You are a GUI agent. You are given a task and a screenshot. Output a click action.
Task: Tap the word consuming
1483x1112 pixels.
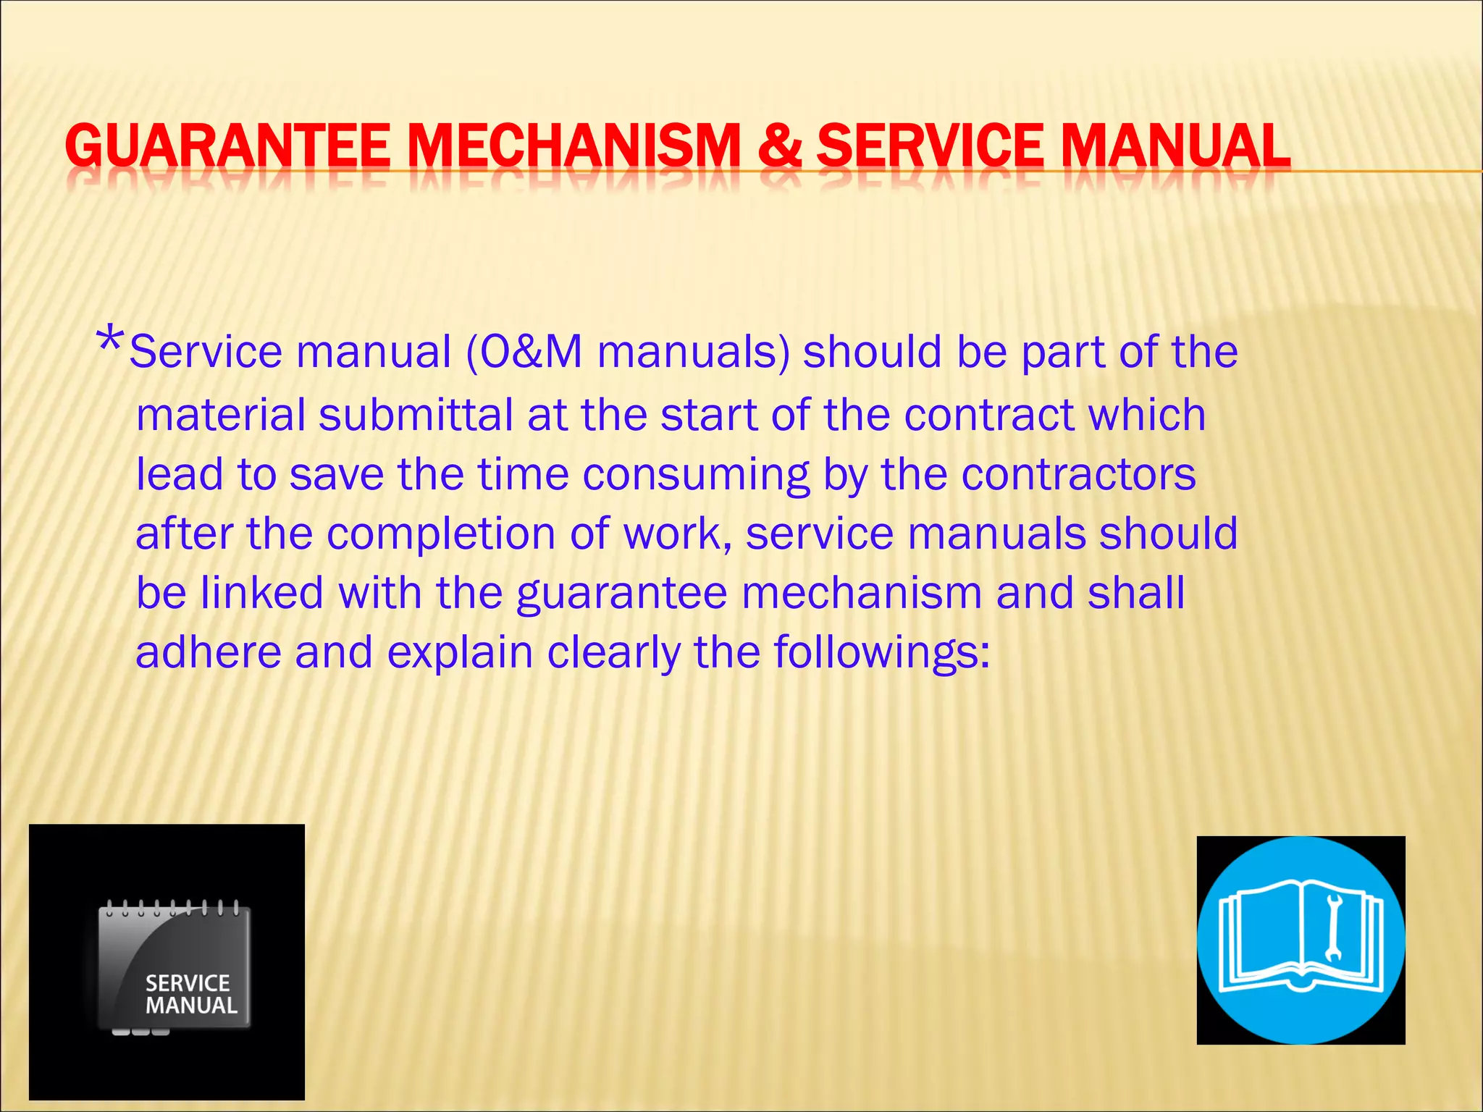696,475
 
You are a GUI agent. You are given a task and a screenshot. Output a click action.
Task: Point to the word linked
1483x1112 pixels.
261,593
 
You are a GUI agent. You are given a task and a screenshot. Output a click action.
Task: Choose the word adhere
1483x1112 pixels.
209,652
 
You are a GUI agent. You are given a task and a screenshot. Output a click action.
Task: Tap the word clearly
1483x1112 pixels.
614,652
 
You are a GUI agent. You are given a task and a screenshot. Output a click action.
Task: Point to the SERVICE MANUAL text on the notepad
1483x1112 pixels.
190,994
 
